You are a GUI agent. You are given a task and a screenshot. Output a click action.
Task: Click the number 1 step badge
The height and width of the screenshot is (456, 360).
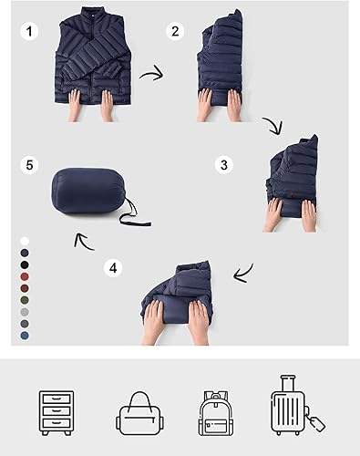click(29, 31)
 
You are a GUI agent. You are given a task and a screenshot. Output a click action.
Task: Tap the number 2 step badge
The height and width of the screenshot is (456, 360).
click(175, 31)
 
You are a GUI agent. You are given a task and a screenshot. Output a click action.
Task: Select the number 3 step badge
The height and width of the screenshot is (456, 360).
click(224, 165)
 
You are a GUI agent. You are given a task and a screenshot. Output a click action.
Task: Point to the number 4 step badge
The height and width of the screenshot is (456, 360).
click(113, 268)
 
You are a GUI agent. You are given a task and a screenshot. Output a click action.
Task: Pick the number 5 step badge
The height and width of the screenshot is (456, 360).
click(29, 166)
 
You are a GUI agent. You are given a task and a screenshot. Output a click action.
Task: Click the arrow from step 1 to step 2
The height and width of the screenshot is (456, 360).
click(152, 74)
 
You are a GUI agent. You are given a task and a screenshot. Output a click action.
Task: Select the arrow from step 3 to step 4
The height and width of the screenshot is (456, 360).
click(244, 274)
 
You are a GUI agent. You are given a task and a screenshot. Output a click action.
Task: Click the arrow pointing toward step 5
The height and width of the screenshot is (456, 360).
click(84, 243)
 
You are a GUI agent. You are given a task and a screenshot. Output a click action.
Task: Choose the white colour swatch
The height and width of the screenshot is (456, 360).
click(25, 242)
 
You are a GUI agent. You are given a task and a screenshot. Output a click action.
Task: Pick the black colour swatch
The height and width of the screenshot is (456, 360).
click(25, 264)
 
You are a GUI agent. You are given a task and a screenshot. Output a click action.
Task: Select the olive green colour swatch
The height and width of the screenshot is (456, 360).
click(25, 300)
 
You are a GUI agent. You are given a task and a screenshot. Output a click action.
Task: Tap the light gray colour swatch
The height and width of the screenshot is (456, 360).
click(25, 312)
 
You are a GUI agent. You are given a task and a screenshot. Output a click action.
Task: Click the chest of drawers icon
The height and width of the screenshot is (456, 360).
click(57, 413)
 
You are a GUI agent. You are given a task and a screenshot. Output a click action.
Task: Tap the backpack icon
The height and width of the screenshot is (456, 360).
click(216, 413)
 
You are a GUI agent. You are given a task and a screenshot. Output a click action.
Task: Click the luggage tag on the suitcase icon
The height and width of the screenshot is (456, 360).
click(315, 422)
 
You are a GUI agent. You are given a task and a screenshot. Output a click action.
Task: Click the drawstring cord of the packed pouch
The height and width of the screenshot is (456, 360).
click(134, 216)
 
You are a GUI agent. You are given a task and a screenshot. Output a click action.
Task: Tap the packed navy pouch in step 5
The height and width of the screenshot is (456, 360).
click(88, 191)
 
